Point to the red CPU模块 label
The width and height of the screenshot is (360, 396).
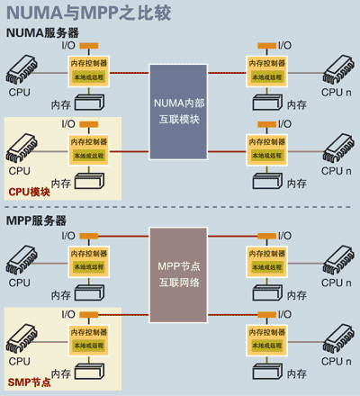(x=29, y=192)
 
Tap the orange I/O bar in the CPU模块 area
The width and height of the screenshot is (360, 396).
(x=89, y=123)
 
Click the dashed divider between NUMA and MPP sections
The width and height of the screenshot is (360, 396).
(x=180, y=207)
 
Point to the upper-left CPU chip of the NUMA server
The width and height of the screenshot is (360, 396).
(x=27, y=68)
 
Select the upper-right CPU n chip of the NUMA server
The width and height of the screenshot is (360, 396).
(x=333, y=68)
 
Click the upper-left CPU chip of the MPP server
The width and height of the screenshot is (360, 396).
(x=27, y=257)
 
